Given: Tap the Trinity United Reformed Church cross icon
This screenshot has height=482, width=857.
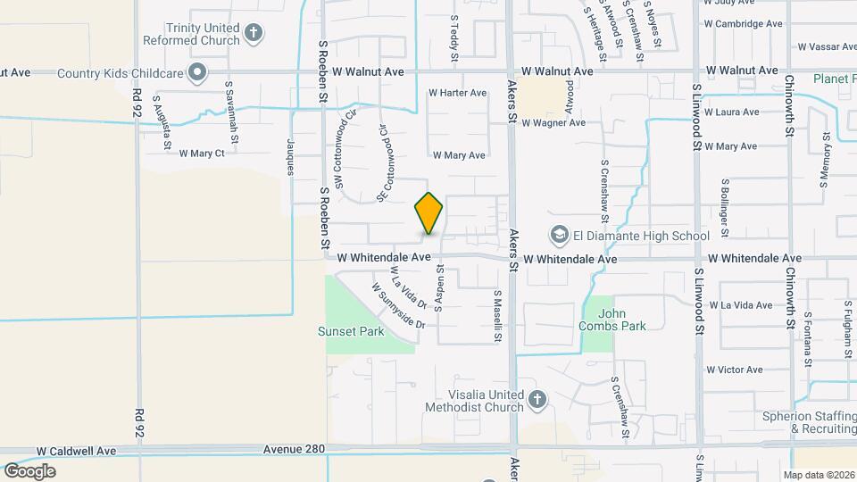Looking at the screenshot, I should [254, 34].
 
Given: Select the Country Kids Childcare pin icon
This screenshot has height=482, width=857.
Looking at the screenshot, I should [198, 72].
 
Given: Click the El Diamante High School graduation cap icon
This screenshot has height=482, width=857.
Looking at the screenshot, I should [560, 236].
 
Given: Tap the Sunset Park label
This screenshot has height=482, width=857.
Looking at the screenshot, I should [351, 331].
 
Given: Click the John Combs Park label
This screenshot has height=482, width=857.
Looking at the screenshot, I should [622, 320].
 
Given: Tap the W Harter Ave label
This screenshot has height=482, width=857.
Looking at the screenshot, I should [457, 93].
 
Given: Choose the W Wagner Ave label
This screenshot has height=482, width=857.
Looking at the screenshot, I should [553, 123].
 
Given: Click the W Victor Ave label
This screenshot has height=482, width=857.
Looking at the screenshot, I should [734, 370].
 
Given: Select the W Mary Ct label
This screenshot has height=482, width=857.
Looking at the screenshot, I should [202, 154].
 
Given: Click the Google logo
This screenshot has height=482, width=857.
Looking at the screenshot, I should [29, 470].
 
